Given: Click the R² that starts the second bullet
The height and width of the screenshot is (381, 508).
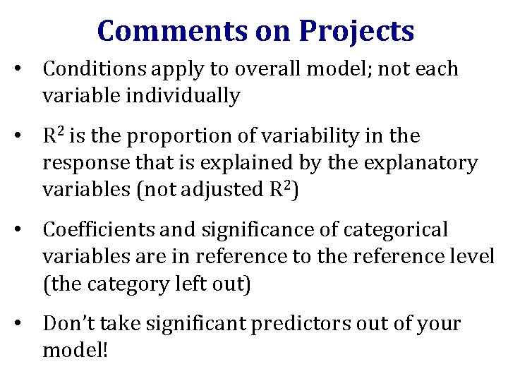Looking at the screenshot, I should pos(54,135).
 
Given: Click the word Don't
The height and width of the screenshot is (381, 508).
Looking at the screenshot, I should pos(65,323).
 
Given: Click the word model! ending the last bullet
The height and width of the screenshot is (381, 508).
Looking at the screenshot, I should pos(75,350).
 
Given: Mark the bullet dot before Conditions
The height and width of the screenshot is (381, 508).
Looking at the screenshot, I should pos(24,69).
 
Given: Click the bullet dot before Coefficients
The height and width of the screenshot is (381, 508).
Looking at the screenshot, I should pos(24,229).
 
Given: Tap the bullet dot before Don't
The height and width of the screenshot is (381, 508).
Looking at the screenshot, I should pos(24,323).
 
